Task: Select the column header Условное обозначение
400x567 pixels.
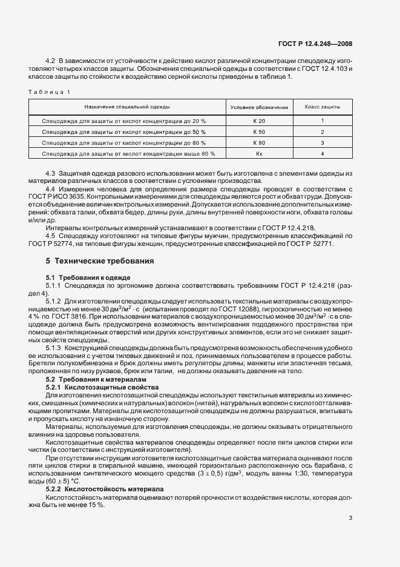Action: click(x=259, y=107)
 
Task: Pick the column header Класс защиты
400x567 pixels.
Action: click(x=322, y=107)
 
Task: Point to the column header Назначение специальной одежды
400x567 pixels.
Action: click(x=127, y=107)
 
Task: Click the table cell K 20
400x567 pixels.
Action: click(x=259, y=121)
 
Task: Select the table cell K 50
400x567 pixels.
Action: click(x=259, y=131)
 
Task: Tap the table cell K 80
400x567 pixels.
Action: click(x=259, y=142)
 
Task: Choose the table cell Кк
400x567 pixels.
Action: click(x=259, y=153)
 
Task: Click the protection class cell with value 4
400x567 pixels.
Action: click(x=322, y=153)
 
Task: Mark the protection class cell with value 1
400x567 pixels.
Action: click(x=322, y=121)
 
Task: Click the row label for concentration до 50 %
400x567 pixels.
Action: click(x=124, y=131)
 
